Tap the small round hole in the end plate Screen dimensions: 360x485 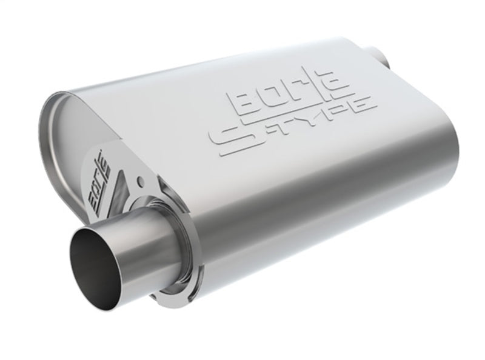(x=141, y=181)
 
